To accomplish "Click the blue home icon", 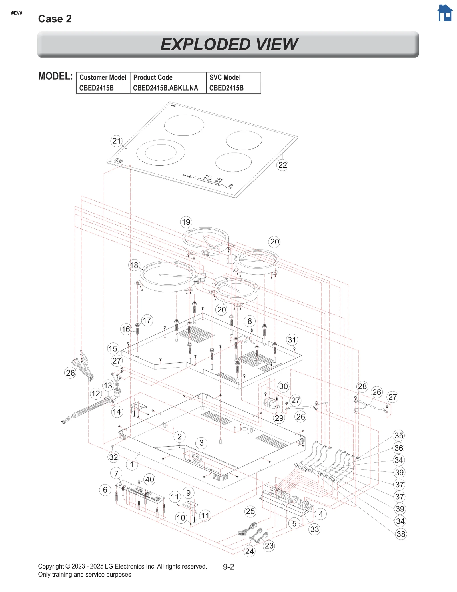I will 445,13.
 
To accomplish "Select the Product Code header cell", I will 168,77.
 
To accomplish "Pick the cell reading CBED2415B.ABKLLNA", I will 168,88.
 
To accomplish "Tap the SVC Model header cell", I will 233,77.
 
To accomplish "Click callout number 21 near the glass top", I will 116,141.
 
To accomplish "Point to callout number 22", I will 282,165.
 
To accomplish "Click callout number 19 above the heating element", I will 186,222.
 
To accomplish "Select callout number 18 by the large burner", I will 134,265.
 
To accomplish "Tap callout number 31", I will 292,340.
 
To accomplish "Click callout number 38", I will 401,534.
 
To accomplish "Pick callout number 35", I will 399,435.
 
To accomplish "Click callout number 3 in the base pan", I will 201,443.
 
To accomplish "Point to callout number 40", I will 149,479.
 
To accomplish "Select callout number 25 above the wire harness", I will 250,511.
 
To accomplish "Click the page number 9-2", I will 228,567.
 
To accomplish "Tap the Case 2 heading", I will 55,19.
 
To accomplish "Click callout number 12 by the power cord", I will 96,394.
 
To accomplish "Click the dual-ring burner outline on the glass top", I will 161,152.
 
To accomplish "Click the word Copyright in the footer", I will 51,566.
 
